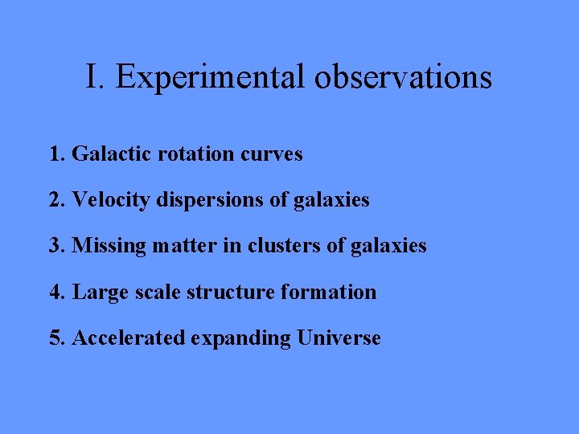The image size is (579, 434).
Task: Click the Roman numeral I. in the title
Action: (96, 77)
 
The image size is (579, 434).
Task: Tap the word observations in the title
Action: (404, 77)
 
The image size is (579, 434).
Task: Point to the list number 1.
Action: (57, 154)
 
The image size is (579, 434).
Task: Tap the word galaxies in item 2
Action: (330, 200)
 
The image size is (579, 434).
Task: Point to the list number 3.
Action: (57, 245)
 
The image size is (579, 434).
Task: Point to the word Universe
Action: (339, 338)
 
